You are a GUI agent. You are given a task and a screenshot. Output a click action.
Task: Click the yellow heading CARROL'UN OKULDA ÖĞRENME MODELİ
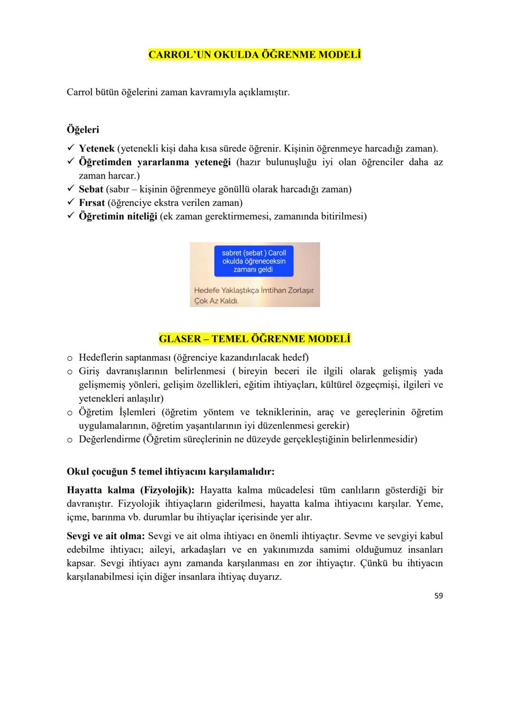click(x=255, y=55)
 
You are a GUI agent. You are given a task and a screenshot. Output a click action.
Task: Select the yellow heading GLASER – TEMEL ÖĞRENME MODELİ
click(x=255, y=339)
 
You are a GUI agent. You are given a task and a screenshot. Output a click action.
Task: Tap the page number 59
click(x=438, y=596)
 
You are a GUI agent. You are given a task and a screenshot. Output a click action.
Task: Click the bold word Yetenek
click(x=96, y=149)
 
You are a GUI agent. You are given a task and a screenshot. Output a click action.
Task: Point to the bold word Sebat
click(x=91, y=189)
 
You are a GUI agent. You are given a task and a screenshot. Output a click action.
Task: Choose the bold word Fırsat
click(x=92, y=203)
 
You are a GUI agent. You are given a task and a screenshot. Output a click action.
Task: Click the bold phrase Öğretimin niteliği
click(x=118, y=217)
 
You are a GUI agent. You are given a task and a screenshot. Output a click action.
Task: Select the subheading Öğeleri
click(x=83, y=129)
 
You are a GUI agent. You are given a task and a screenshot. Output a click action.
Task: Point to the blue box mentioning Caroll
click(x=254, y=261)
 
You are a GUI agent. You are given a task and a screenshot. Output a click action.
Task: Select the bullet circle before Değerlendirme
click(x=70, y=440)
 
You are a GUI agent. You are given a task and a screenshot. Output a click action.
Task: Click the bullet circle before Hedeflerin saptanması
click(x=70, y=358)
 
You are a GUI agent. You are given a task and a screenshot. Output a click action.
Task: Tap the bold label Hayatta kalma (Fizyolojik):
click(x=131, y=490)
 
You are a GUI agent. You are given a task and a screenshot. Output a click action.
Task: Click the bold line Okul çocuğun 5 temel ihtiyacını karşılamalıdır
click(x=170, y=472)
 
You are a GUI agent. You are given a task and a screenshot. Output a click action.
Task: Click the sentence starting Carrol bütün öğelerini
click(x=178, y=92)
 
